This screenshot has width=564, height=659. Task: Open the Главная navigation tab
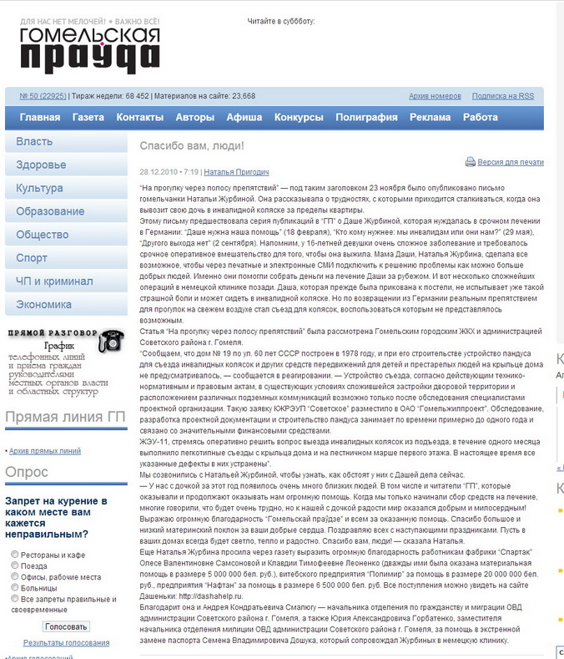click(40, 118)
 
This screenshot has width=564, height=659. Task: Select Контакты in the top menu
click(139, 118)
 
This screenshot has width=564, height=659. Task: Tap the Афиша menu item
click(244, 118)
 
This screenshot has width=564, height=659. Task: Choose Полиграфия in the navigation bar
click(366, 118)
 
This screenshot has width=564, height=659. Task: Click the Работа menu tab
click(480, 118)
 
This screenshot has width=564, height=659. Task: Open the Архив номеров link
click(436, 96)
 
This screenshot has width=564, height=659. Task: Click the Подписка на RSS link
click(502, 96)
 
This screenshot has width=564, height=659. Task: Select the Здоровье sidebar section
click(41, 165)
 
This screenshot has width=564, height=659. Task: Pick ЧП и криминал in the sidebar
click(55, 281)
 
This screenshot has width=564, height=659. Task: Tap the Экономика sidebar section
click(44, 305)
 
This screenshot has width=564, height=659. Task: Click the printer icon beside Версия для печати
click(471, 162)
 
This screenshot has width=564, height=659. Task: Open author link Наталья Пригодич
click(237, 172)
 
